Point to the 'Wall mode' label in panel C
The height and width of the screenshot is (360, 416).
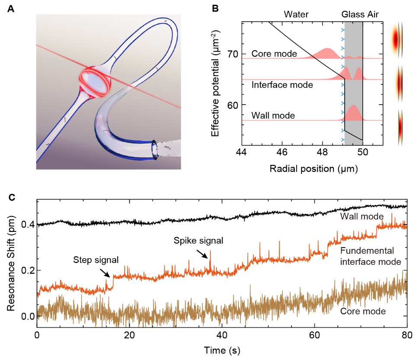click(362, 216)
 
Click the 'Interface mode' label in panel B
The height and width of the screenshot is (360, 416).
click(282, 85)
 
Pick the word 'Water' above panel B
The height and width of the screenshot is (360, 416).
click(296, 15)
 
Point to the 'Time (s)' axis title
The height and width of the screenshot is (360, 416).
click(222, 348)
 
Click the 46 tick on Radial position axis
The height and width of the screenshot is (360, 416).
click(282, 153)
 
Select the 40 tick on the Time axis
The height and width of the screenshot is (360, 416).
click(222, 335)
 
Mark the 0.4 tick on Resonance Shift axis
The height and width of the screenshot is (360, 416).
click(26, 225)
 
